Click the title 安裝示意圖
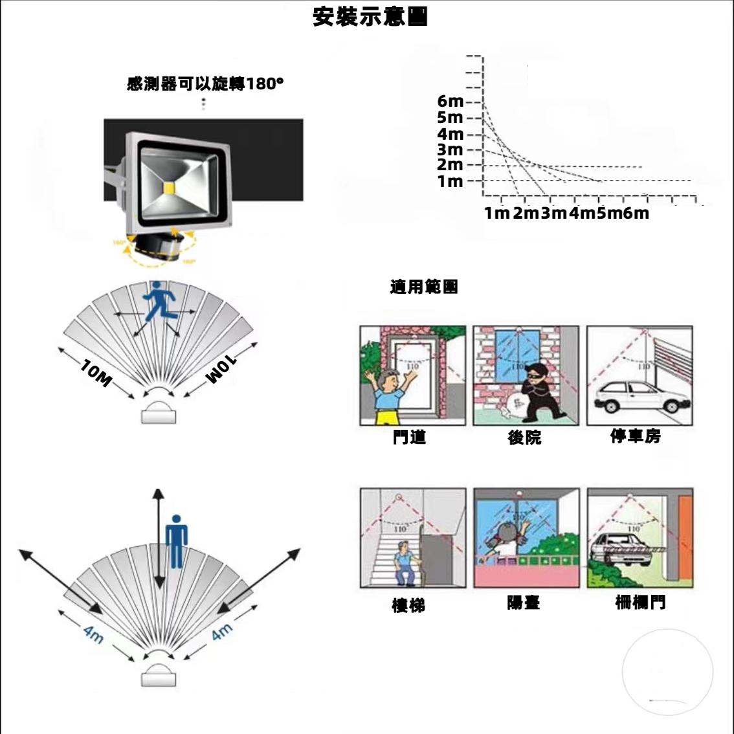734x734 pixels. [x=370, y=17]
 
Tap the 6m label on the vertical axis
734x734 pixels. [x=450, y=102]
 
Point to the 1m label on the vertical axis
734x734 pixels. [x=450, y=181]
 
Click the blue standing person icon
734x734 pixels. [x=176, y=541]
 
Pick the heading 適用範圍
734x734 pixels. [x=424, y=287]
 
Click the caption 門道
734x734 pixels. [x=409, y=438]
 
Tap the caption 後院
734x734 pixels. [x=524, y=438]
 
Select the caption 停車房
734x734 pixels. [x=636, y=436]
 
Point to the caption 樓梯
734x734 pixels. [x=408, y=605]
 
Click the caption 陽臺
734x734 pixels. [x=523, y=603]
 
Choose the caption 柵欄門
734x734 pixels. [x=639, y=603]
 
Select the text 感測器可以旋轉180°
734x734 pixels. [x=205, y=84]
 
